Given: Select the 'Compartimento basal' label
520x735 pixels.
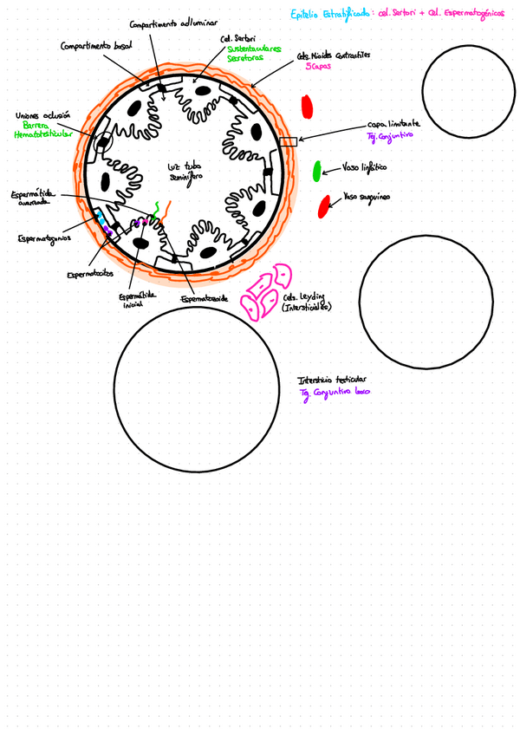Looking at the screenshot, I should click(96, 45).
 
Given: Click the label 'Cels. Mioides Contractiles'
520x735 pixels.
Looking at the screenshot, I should click(333, 55).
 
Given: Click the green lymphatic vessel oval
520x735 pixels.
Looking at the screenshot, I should click(318, 170).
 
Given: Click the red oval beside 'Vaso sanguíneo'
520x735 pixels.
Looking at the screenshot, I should click(324, 206).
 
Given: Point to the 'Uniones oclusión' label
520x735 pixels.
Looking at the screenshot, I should click(42, 115).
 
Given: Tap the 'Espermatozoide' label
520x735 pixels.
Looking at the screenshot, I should click(205, 300).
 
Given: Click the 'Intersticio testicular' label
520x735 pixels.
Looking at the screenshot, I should click(332, 380).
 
